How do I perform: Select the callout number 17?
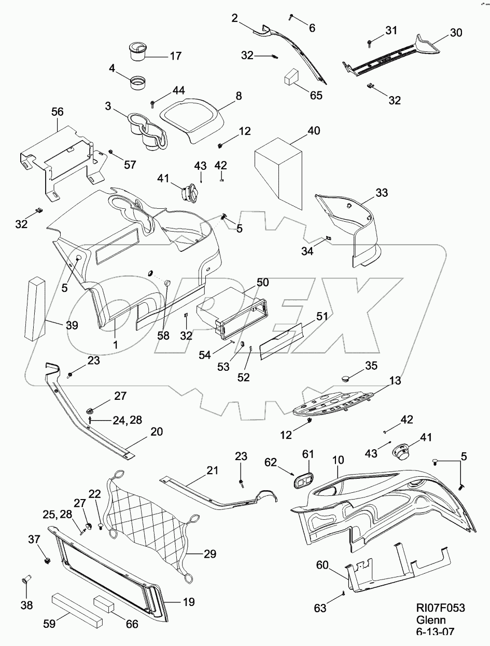click(x=175, y=56)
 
